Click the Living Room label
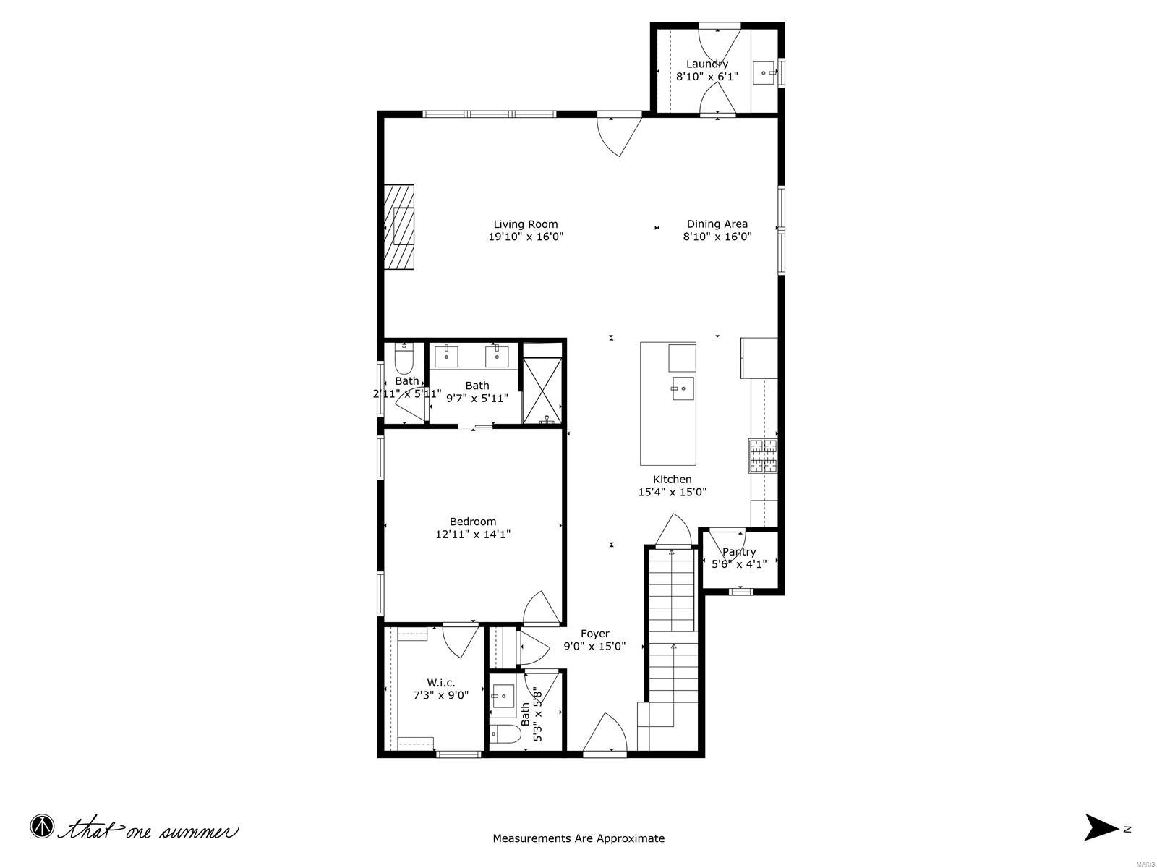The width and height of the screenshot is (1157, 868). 526,224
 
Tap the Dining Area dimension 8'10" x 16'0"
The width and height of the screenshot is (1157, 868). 717,237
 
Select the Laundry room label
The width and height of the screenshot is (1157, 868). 706,64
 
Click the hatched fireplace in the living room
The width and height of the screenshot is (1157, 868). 399,227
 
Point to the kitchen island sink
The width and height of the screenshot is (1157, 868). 682,388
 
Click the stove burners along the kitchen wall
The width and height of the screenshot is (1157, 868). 763,456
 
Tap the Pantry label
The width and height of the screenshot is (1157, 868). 739,552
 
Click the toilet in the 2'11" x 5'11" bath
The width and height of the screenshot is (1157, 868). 404,358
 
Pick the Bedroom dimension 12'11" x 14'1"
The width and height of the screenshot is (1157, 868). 473,535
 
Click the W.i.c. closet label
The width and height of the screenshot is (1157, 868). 440,682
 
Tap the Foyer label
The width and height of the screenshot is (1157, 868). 594,634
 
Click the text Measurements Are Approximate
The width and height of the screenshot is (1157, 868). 578,838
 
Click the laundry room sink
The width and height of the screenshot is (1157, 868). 764,73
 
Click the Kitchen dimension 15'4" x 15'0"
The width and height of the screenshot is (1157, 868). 672,492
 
